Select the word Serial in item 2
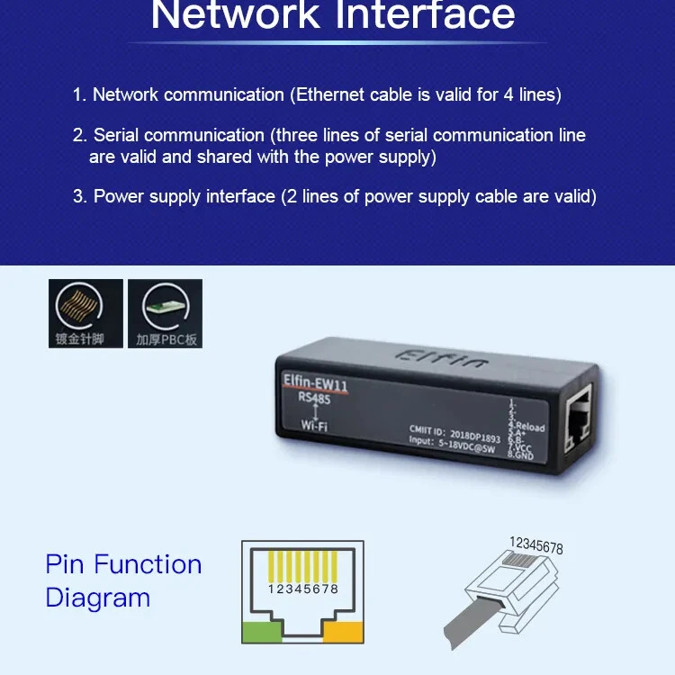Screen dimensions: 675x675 coord(116,136)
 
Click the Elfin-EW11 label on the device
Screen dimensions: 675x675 coord(311,385)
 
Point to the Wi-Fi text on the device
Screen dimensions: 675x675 coord(314,426)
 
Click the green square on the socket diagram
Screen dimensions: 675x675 coord(262,633)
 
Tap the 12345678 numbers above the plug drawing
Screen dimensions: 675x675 coord(535,546)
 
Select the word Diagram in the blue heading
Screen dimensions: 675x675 coord(97,598)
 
